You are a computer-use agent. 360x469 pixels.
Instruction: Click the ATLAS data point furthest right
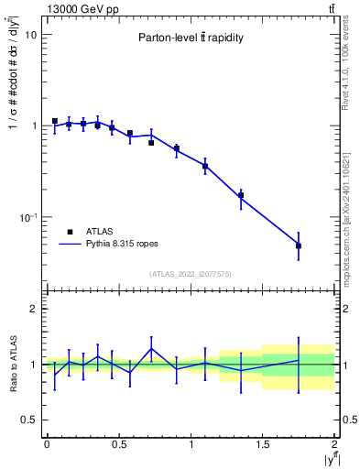pyautogui.click(x=299, y=245)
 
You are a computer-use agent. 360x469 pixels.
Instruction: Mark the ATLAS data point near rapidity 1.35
pyautogui.click(x=241, y=195)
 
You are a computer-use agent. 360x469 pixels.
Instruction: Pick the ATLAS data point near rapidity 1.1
pyautogui.click(x=205, y=166)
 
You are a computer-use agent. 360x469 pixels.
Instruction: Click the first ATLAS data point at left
pyautogui.click(x=55, y=121)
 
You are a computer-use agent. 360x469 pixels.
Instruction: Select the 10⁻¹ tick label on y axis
pyautogui.click(x=27, y=217)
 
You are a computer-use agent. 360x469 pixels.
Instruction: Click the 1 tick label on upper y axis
pyautogui.click(x=33, y=125)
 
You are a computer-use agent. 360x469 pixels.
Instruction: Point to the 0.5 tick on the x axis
pyautogui.click(x=119, y=443)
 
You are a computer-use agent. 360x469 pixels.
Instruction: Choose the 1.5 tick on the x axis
pyautogui.click(x=263, y=443)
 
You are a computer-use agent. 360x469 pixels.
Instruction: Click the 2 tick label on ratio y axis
pyautogui.click(x=33, y=310)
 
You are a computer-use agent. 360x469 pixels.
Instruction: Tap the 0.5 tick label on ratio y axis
pyautogui.click(x=28, y=420)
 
